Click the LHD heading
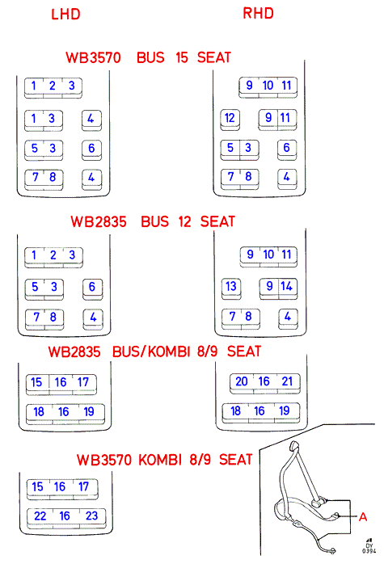(65, 15)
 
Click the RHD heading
(258, 13)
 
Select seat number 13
(231, 286)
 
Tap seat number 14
(287, 286)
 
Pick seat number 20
(242, 381)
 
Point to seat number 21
(287, 381)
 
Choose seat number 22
(40, 516)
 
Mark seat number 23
(91, 516)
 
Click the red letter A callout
(363, 517)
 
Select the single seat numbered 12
(230, 118)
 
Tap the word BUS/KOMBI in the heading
(151, 351)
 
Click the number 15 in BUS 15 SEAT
(182, 57)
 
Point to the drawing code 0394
(369, 551)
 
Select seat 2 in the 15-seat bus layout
(53, 86)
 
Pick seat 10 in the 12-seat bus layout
(268, 255)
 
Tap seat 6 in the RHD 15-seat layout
(286, 148)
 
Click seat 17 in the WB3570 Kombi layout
(83, 486)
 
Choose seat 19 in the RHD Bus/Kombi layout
(285, 410)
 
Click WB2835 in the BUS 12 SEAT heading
(99, 222)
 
